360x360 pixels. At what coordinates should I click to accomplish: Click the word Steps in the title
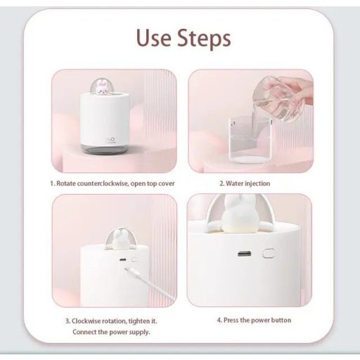click(x=204, y=39)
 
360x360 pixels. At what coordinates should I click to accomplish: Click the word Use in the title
click(x=154, y=37)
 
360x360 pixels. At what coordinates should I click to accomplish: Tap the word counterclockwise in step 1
click(x=103, y=184)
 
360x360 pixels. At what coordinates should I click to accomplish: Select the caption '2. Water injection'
click(x=245, y=184)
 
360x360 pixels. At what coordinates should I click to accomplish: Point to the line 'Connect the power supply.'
click(x=111, y=332)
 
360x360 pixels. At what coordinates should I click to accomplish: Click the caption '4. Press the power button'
click(x=254, y=320)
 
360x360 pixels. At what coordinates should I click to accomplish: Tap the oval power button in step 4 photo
click(x=269, y=253)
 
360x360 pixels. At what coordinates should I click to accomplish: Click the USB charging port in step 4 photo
click(x=244, y=254)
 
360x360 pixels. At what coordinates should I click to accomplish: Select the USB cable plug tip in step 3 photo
click(x=127, y=269)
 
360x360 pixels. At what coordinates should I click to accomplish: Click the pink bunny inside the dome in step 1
click(x=102, y=88)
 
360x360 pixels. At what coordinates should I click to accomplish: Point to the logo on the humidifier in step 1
click(x=111, y=140)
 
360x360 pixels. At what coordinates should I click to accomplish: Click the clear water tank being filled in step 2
click(x=251, y=140)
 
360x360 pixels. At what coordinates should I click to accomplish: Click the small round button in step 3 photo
click(x=134, y=259)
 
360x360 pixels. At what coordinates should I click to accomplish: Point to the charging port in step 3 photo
click(x=123, y=259)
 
